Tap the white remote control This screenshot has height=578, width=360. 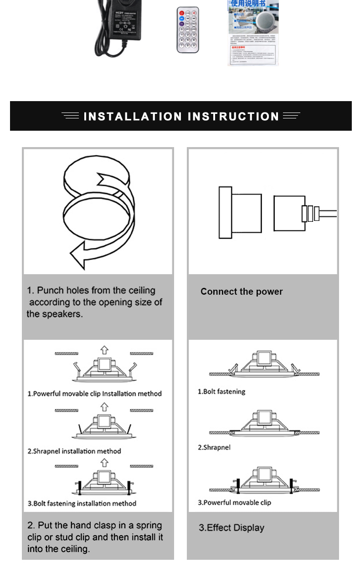pyautogui.click(x=188, y=30)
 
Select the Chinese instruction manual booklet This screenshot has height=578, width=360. pyautogui.click(x=253, y=33)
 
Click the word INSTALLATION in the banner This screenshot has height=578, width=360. pyautogui.click(x=133, y=117)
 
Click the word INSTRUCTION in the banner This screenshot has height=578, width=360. pyautogui.click(x=233, y=117)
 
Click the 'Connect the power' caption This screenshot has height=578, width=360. pyautogui.click(x=242, y=292)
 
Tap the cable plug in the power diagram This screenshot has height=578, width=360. pyautogui.click(x=310, y=213)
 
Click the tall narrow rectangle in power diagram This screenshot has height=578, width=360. pyautogui.click(x=225, y=212)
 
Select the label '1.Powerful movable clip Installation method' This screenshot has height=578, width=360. pyautogui.click(x=95, y=394)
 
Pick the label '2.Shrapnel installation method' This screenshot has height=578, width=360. pyautogui.click(x=74, y=451)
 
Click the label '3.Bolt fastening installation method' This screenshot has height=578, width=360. pyautogui.click(x=82, y=503)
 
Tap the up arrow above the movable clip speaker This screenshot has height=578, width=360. pyautogui.click(x=104, y=349)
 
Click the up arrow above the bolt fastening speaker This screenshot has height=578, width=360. pyautogui.click(x=104, y=463)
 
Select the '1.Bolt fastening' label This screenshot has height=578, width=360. pyautogui.click(x=221, y=391)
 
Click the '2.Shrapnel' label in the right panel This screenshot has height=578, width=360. pyautogui.click(x=214, y=447)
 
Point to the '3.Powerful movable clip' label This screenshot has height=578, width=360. pyautogui.click(x=234, y=502)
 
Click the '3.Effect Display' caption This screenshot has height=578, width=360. pyautogui.click(x=231, y=528)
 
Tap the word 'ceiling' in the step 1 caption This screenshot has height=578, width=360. pyautogui.click(x=141, y=290)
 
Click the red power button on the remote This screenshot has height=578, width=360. pyautogui.click(x=181, y=13)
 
